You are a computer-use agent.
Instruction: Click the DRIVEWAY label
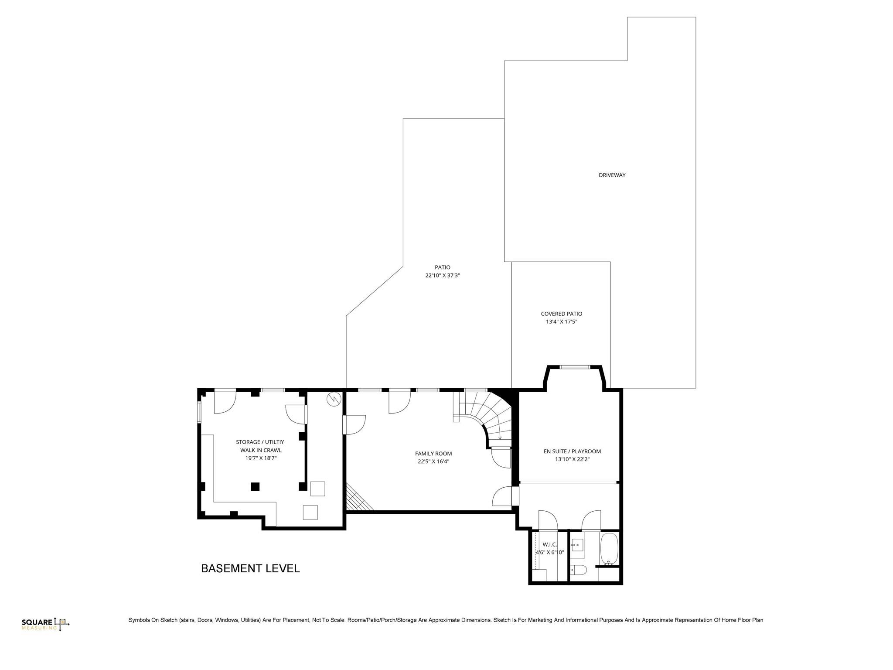(x=612, y=175)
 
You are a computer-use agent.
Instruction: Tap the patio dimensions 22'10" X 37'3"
(x=443, y=275)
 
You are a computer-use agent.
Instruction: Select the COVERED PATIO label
(x=561, y=314)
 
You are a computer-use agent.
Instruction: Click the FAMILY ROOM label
(x=433, y=453)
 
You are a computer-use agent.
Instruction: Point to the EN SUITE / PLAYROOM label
(x=572, y=451)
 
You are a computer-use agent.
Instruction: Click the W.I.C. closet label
(x=549, y=544)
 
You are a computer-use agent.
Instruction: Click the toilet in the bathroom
(x=578, y=569)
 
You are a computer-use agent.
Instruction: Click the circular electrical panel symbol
(x=334, y=399)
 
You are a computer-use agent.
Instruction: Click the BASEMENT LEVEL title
(x=250, y=568)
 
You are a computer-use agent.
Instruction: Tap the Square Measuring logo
(x=45, y=624)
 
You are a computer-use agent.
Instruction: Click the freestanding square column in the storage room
(x=256, y=486)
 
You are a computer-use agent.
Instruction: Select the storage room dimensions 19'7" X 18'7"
(x=261, y=458)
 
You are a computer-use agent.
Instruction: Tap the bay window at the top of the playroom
(x=575, y=367)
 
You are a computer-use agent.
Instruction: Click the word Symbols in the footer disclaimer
(x=139, y=620)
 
